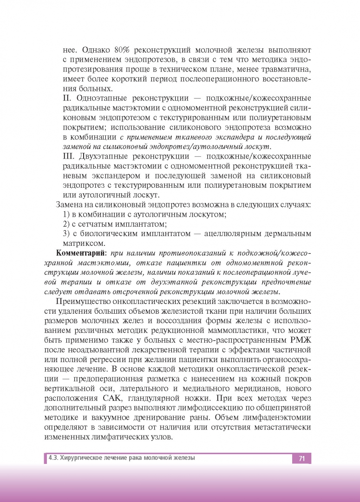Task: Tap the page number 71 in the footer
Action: click(301, 458)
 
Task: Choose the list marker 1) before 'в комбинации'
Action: click(65, 214)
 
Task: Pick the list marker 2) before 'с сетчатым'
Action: click(65, 224)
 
